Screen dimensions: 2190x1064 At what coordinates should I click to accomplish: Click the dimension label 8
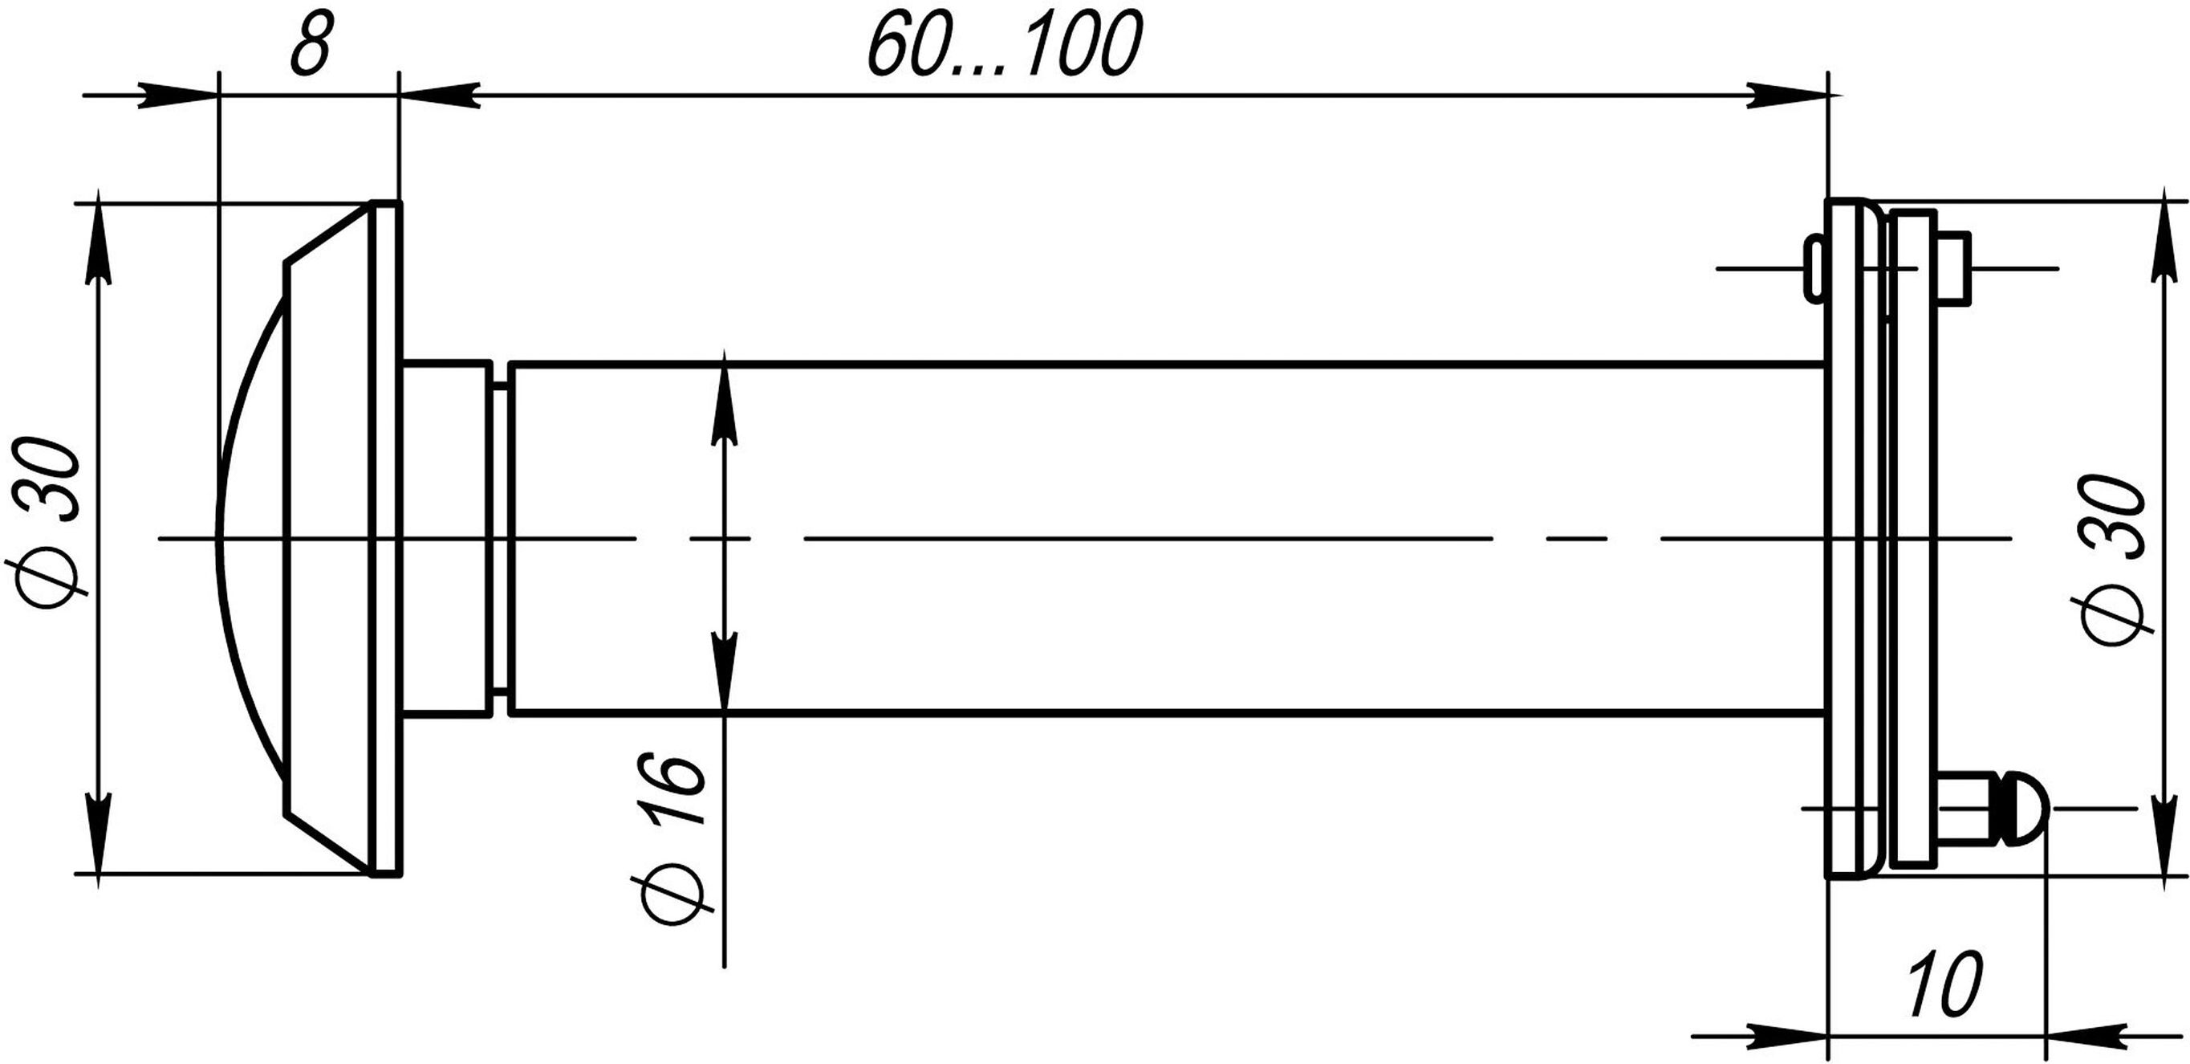pos(310,43)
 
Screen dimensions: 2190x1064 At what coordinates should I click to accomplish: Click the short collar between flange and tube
pos(447,537)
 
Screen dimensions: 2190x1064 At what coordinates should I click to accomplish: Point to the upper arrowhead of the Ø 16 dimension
pos(724,401)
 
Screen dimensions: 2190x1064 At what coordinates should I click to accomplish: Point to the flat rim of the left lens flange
pos(386,537)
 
